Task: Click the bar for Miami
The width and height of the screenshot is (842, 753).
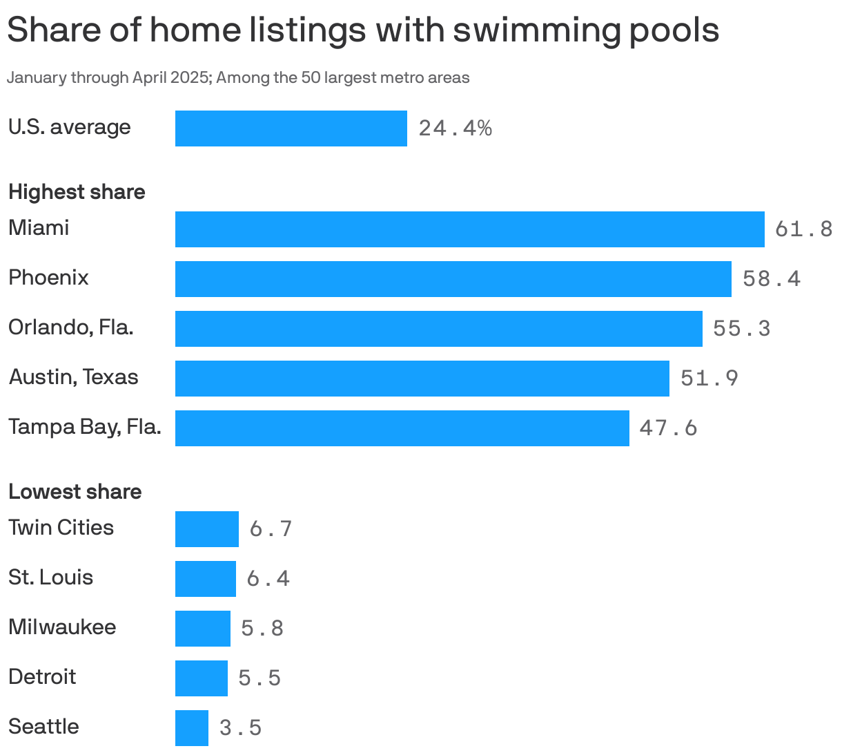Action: click(469, 229)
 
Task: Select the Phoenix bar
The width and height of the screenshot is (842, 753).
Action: click(453, 279)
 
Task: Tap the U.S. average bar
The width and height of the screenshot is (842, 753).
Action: click(291, 128)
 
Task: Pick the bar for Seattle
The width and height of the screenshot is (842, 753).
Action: click(192, 728)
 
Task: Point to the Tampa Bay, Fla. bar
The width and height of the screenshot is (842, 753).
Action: click(402, 428)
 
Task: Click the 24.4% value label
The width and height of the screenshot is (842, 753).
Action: click(455, 128)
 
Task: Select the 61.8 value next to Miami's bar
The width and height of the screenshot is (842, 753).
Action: click(803, 229)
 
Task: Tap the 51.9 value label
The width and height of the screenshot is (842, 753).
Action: click(709, 379)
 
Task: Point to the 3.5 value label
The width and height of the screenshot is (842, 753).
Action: click(240, 728)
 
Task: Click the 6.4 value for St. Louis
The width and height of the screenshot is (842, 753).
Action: click(268, 579)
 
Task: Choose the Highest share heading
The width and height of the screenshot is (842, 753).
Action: click(77, 192)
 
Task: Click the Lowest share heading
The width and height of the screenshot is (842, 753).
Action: click(75, 492)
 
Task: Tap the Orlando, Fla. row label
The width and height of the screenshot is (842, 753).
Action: click(70, 327)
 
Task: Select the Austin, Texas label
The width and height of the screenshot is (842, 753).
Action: click(73, 377)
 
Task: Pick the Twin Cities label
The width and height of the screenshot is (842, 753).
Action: click(61, 528)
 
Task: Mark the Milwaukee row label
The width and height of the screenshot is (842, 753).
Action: click(62, 627)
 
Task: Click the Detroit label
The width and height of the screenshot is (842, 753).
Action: click(42, 677)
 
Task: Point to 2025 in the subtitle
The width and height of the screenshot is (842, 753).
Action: click(190, 77)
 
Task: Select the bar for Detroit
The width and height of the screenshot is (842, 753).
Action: click(201, 678)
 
